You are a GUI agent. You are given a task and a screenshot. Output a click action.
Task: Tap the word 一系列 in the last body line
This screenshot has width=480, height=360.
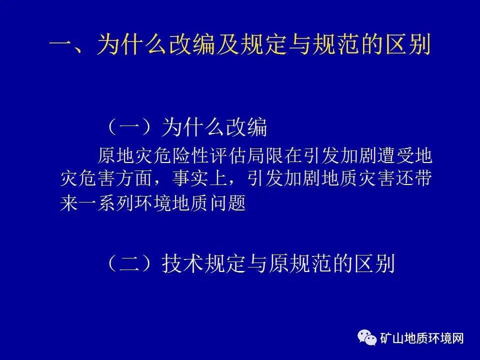(x=106, y=203)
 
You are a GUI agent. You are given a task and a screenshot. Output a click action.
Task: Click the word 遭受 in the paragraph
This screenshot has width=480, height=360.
(x=394, y=156)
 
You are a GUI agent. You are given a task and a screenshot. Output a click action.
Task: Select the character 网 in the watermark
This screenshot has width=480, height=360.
(x=458, y=338)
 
